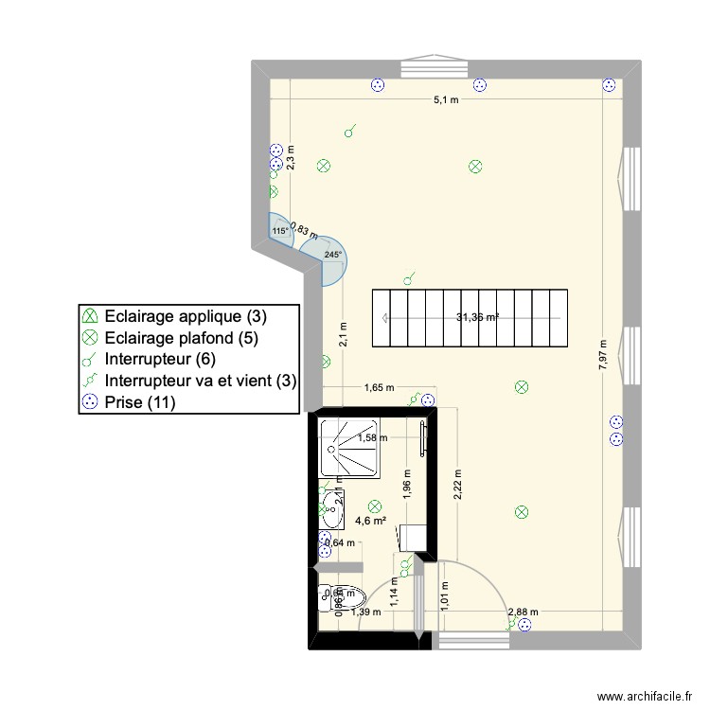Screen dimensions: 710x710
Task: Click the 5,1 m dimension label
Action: [446, 99]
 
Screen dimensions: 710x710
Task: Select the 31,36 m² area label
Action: [477, 318]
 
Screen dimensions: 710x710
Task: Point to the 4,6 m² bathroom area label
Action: [370, 520]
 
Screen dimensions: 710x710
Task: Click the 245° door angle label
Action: [332, 255]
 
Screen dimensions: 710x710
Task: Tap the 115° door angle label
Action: [279, 231]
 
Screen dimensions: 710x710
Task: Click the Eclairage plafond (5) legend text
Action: [182, 337]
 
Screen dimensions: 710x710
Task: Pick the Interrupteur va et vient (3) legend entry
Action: [201, 381]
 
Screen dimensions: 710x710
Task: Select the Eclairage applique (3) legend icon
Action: [90, 315]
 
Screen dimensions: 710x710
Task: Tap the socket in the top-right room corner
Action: [608, 85]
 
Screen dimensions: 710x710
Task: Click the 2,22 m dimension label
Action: [457, 485]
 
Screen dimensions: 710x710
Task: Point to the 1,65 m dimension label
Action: [380, 387]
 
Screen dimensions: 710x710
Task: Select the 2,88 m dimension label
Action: [523, 612]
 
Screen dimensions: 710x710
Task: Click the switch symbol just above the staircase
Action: [408, 279]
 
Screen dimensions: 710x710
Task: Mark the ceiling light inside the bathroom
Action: [374, 506]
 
